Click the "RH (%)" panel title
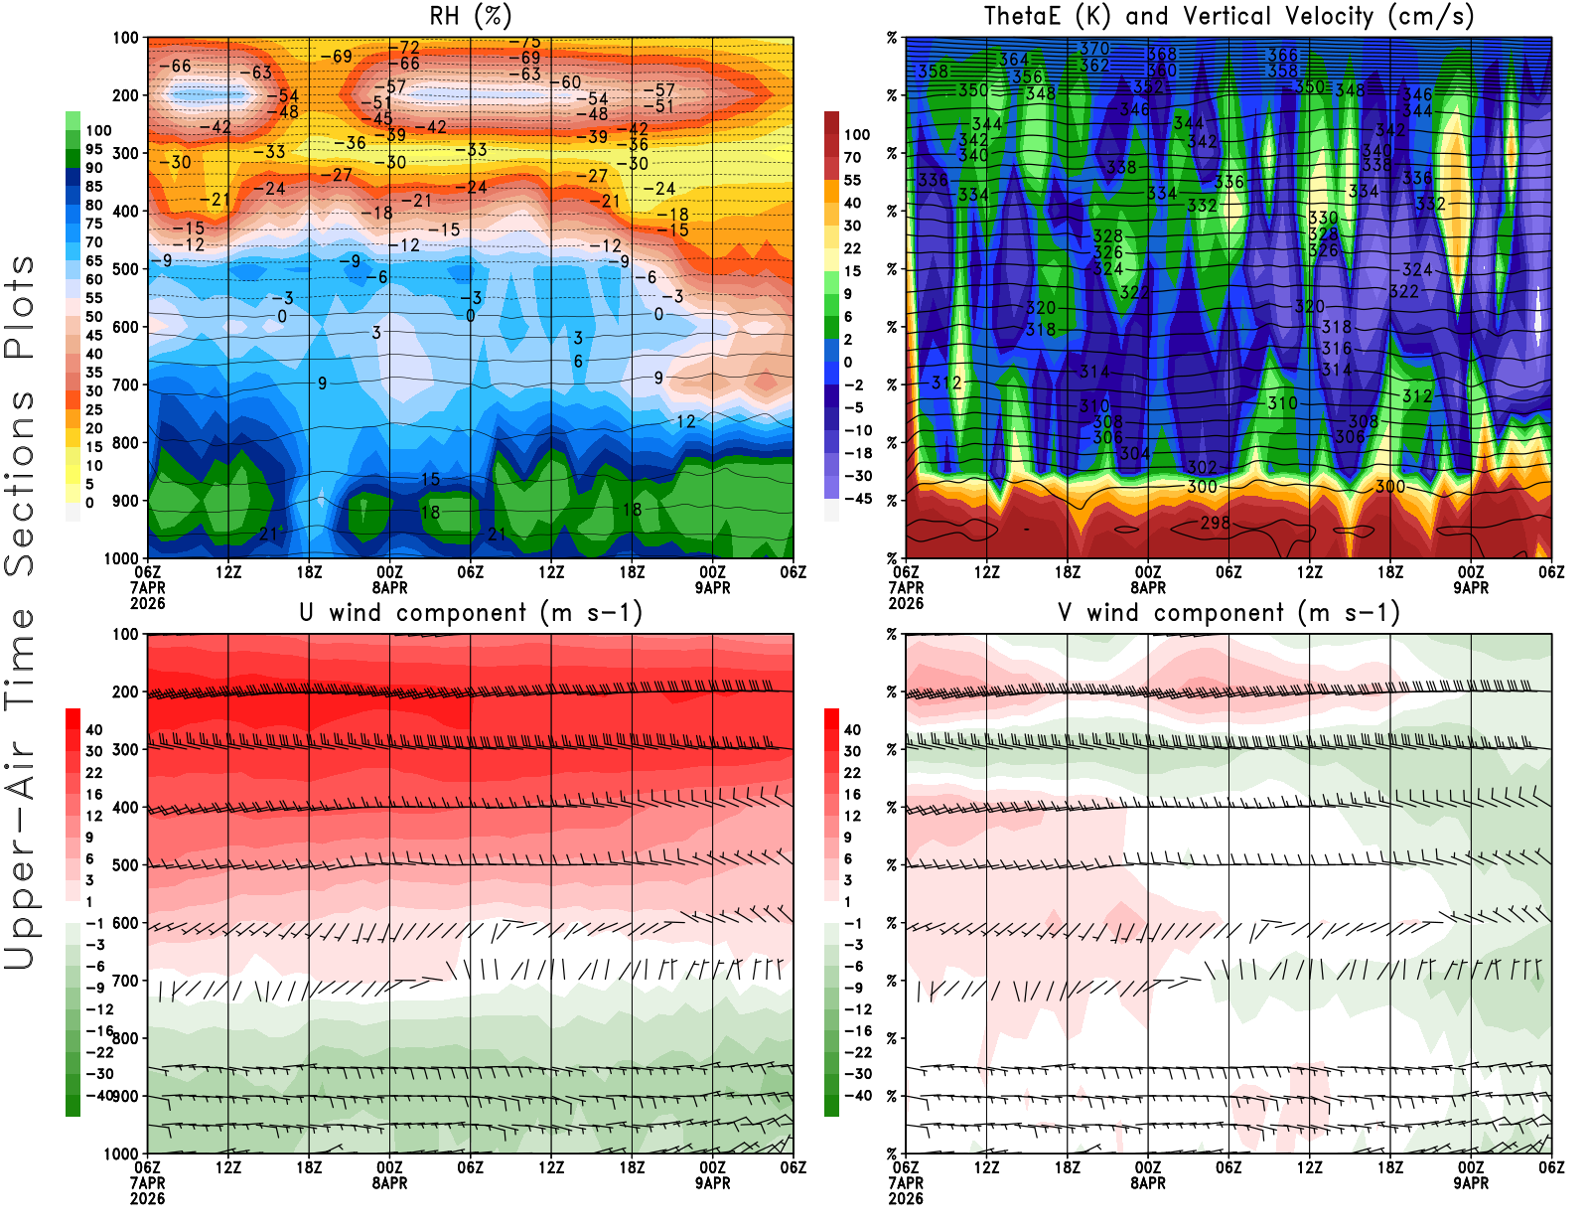pos(471,16)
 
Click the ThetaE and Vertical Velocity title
pos(1228,16)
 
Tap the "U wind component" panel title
pos(471,612)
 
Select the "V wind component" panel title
pos(1228,612)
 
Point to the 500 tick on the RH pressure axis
pos(126,269)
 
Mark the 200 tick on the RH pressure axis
pos(126,95)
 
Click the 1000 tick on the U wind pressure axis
pos(122,1153)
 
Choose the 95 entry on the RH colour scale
pos(94,149)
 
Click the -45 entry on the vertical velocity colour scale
pos(858,499)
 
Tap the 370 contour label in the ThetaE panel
pos(1094,48)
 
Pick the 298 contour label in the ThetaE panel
pos(1215,523)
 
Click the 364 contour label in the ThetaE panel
pos(1013,60)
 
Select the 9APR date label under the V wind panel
pos(1471,1183)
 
